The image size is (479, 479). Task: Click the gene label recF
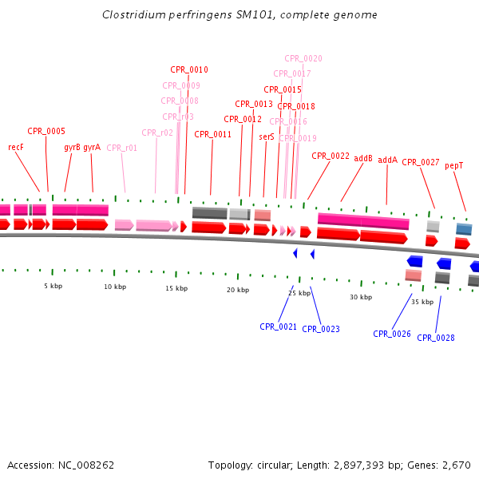point(16,147)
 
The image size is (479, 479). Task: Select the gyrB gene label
point(72,147)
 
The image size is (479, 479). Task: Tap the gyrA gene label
point(92,147)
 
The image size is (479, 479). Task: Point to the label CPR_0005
point(46,131)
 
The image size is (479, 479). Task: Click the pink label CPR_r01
point(122,148)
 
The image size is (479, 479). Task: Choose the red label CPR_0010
point(189,69)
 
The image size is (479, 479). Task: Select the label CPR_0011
point(212,134)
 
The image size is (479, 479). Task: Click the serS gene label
point(267,137)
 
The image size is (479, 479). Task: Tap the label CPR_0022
point(331,156)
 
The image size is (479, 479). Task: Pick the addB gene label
point(363,158)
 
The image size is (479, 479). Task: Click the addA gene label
point(387,160)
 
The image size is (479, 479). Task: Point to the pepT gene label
point(454,165)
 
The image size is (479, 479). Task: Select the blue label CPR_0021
point(278,327)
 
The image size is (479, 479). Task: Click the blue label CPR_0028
point(436,338)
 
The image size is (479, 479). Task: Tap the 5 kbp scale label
point(53,286)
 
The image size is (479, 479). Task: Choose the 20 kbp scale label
point(238,291)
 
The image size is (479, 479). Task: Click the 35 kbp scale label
point(422,302)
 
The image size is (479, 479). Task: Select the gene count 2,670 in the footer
point(457,465)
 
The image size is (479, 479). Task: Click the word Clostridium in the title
point(129,15)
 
